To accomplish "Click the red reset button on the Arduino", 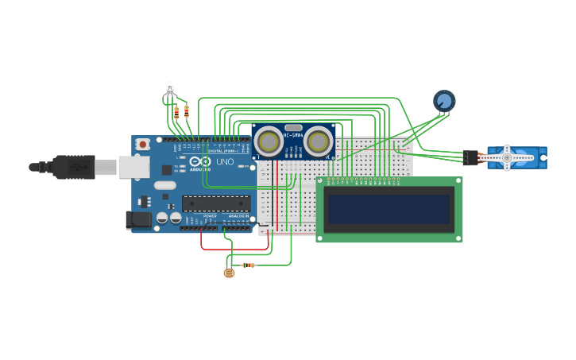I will pos(143,144).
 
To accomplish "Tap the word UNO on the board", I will pos(225,161).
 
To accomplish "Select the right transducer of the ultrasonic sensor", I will pos(319,141).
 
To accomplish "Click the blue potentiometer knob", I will pos(444,101).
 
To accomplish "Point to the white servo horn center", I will pos(506,158).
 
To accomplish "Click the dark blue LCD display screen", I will pos(389,209).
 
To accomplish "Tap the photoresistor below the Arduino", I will pos(230,273).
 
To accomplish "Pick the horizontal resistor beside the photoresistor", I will pos(249,265).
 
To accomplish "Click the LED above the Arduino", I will pos(169,87).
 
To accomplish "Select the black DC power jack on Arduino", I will pos(138,220).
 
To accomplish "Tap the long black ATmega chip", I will pos(216,203).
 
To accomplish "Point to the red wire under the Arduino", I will pos(230,249).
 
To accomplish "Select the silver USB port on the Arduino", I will pos(134,167).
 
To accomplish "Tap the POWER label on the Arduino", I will pos(210,216).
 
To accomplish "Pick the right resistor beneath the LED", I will pos(186,111).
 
